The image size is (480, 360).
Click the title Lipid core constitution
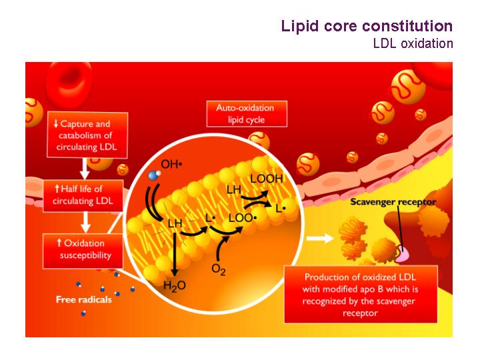pyautogui.click(x=367, y=26)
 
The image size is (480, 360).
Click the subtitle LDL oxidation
pyautogui.click(x=413, y=43)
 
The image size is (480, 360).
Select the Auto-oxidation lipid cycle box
pyautogui.click(x=247, y=113)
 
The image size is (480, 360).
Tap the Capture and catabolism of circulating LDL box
pyautogui.click(x=87, y=135)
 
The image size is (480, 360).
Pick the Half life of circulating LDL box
pyautogui.click(x=83, y=195)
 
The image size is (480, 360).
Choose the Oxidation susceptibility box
pyautogui.click(x=83, y=250)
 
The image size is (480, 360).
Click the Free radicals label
pyautogui.click(x=84, y=299)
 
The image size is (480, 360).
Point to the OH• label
pyautogui.click(x=171, y=165)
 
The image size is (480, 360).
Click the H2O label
pyautogui.click(x=175, y=286)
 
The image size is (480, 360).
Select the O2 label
pyautogui.click(x=219, y=270)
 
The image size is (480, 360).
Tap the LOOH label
pyautogui.click(x=266, y=179)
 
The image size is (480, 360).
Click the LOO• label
pyautogui.click(x=243, y=218)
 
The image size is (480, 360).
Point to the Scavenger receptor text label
pyautogui.click(x=393, y=202)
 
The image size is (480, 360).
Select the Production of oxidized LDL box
pyautogui.click(x=361, y=295)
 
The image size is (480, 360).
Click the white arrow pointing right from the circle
pyautogui.click(x=320, y=238)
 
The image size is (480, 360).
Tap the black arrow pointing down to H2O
pyautogui.click(x=175, y=255)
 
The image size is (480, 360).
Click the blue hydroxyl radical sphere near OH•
pyautogui.click(x=153, y=175)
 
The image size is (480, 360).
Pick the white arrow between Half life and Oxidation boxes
pyautogui.click(x=85, y=222)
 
